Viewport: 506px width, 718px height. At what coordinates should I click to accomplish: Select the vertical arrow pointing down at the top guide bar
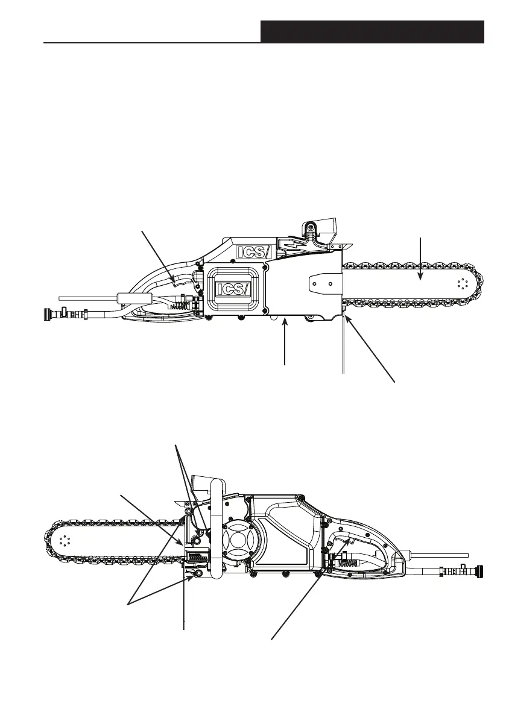[420, 259]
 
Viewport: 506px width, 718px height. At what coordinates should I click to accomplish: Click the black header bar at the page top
[372, 31]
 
